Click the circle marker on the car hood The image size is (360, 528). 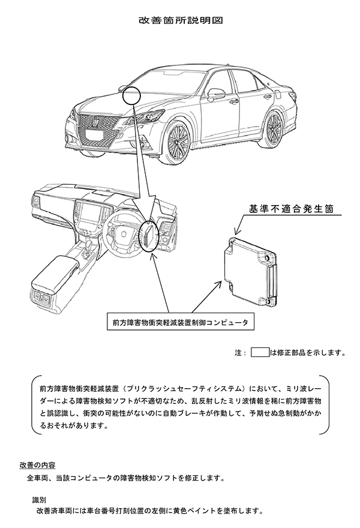[131, 94]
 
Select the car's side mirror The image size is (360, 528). [216, 94]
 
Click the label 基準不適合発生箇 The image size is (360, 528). [295, 209]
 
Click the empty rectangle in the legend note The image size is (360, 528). [260, 352]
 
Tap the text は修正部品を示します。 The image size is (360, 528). [307, 353]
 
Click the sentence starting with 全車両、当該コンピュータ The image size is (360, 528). [126, 479]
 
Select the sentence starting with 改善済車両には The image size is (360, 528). [150, 512]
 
